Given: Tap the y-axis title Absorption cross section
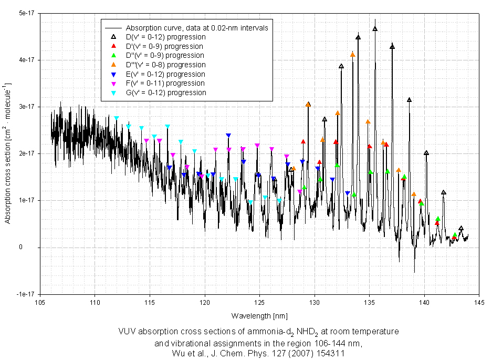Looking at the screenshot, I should (x=8, y=153).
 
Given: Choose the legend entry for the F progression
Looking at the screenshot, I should (x=165, y=83).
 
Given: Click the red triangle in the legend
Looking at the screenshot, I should (x=113, y=46).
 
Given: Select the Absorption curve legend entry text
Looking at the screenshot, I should (x=197, y=27).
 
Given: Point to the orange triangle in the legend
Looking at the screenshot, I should (x=113, y=65).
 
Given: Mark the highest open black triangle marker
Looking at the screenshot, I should (x=375, y=28).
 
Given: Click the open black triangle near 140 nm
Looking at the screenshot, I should (x=426, y=153).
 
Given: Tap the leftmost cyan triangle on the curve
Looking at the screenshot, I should (x=117, y=118).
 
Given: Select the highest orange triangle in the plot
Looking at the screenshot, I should (x=352, y=54).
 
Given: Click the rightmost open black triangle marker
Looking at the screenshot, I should (x=461, y=229).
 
